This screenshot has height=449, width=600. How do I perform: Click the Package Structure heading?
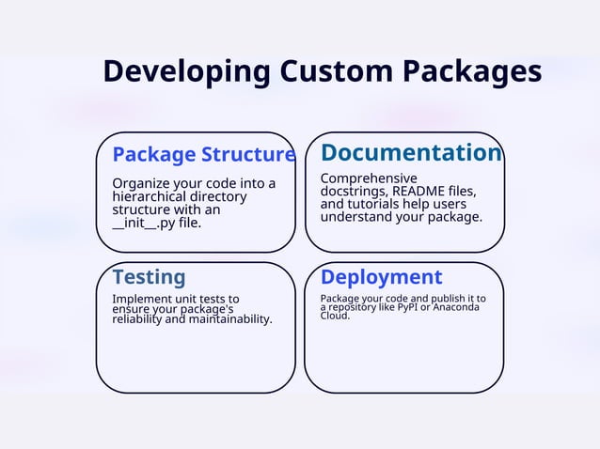(203, 154)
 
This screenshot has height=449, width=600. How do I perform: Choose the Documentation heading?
(411, 152)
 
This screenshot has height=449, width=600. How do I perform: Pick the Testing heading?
(149, 277)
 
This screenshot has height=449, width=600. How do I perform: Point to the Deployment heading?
(381, 277)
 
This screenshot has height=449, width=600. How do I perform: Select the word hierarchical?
(150, 196)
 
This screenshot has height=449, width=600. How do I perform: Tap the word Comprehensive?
(369, 178)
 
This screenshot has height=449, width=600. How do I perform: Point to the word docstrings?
(354, 191)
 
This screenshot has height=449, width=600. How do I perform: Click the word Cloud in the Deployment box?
(335, 316)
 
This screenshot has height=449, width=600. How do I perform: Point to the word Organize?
(141, 183)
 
